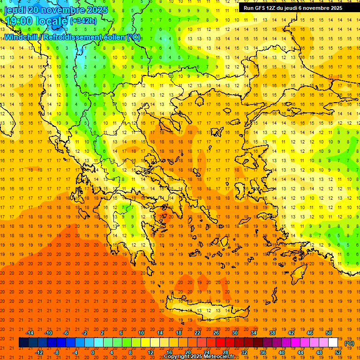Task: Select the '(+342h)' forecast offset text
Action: coord(83,21)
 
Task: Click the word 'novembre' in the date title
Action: coord(67,10)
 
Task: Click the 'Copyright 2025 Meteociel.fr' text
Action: coord(199,357)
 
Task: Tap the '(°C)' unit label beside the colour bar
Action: coord(349,343)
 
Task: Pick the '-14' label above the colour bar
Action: coord(30,333)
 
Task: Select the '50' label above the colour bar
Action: coord(329,333)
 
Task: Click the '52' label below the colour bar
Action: coord(338,352)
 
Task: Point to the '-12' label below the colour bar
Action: coord(39,352)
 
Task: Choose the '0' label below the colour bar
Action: coord(93,352)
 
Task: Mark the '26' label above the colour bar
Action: coord(216,333)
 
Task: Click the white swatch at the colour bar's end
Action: coord(333,343)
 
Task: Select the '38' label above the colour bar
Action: coord(272,333)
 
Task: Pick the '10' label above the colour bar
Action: coord(141,333)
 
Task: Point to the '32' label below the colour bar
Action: coord(244,352)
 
